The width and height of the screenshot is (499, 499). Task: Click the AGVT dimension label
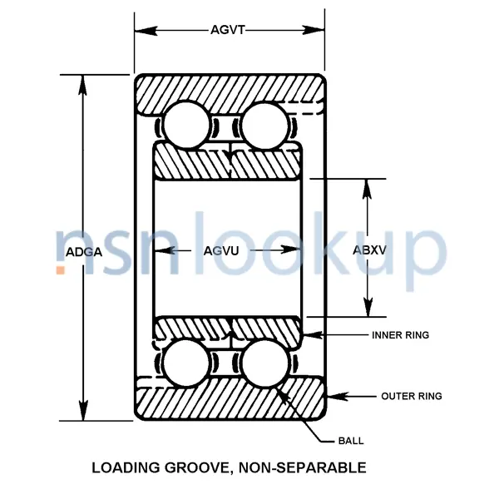(x=227, y=31)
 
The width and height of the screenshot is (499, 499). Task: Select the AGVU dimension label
(x=227, y=250)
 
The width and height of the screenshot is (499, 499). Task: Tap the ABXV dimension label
(x=369, y=250)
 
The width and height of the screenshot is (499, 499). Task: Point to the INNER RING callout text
(x=400, y=335)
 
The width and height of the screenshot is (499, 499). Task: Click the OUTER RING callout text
(x=411, y=396)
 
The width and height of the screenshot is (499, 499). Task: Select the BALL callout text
(x=350, y=441)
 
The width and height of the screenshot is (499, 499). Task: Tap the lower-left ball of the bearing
(x=186, y=363)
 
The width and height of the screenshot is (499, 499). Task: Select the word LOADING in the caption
(x=125, y=467)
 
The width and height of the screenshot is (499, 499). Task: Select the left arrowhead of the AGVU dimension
(x=163, y=250)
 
